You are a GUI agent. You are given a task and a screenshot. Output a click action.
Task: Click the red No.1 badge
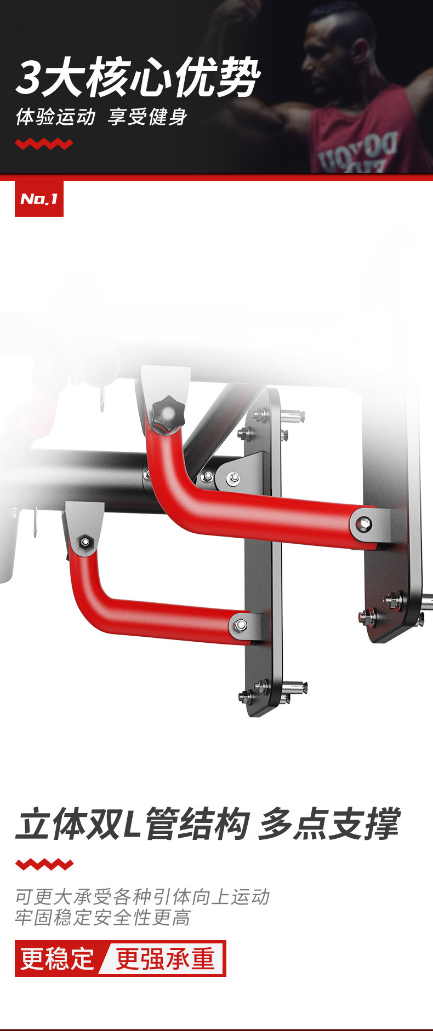(39, 199)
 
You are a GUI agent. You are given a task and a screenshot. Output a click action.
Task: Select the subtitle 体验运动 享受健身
(101, 117)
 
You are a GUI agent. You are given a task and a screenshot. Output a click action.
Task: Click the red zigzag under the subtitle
(44, 144)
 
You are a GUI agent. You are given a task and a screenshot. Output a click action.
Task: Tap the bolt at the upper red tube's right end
(364, 525)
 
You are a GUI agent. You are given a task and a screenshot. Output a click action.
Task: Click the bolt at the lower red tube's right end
(241, 624)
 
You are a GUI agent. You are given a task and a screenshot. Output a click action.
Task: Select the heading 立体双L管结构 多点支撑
(208, 824)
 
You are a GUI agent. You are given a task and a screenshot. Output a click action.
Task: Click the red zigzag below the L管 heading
(44, 865)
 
